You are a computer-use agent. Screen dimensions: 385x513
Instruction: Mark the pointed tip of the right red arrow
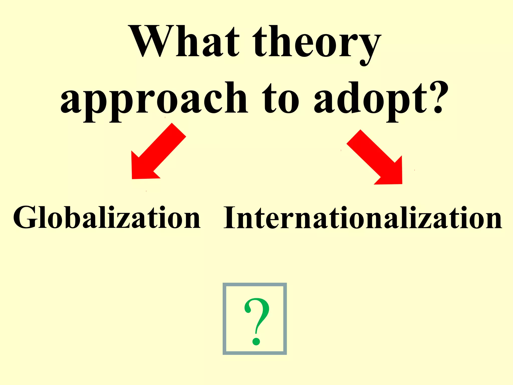(401, 183)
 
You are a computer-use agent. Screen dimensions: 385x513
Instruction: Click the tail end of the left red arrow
(179, 130)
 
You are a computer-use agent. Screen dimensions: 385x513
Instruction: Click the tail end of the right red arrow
(353, 137)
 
